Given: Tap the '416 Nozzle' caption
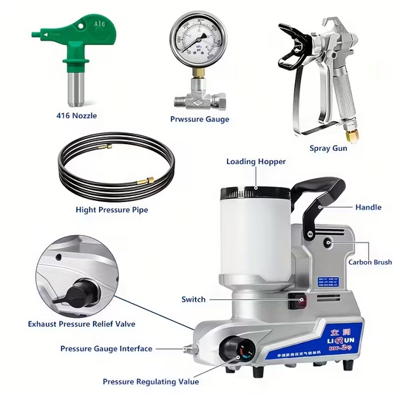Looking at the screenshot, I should click(76, 115).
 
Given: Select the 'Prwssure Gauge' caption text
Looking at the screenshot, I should click(199, 119).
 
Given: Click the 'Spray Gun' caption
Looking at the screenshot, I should click(328, 148).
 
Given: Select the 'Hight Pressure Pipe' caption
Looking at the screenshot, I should click(112, 210).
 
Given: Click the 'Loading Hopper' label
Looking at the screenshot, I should click(251, 162).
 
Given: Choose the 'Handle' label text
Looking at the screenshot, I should click(368, 208).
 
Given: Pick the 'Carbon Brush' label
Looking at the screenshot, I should click(370, 262).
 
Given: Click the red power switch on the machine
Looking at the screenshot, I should click(300, 301).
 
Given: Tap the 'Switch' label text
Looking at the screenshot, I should click(194, 299).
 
